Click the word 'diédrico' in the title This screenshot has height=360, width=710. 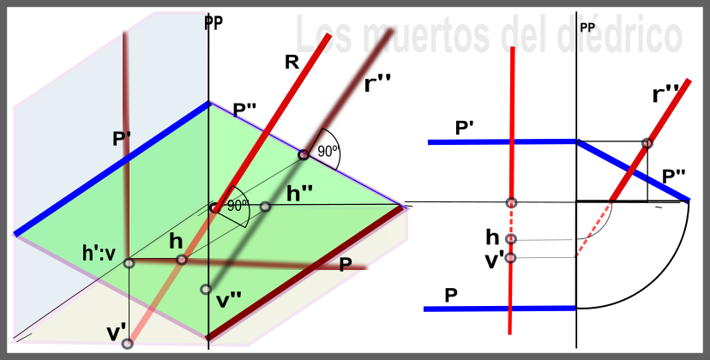point(622,36)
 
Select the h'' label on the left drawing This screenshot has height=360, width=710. point(299,194)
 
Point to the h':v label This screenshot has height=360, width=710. point(101,254)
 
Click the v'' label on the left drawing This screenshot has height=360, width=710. point(229,300)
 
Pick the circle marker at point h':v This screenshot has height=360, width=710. point(129,263)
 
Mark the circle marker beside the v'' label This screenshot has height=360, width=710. point(205,290)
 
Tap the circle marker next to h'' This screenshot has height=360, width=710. point(266,207)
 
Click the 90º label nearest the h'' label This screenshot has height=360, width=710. point(237,206)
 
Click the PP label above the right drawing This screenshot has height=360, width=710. point(587,27)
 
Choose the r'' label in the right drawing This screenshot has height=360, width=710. point(665,93)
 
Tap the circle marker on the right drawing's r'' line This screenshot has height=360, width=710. point(647,143)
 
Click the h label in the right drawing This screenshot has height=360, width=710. point(492,236)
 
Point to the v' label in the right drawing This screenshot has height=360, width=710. point(494,260)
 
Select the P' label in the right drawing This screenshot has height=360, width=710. point(465,128)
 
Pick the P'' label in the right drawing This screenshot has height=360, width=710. point(673,177)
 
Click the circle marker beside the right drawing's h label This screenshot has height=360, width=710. point(511,239)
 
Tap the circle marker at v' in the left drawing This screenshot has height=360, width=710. point(128,344)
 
